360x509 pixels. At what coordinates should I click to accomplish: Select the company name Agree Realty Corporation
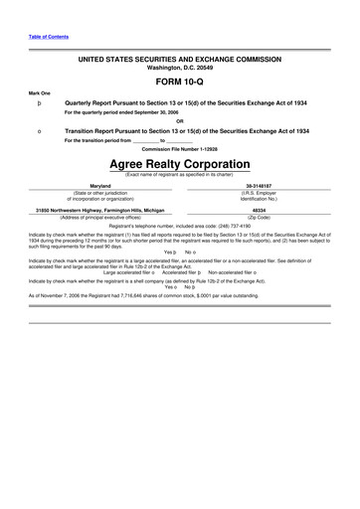(179, 163)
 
